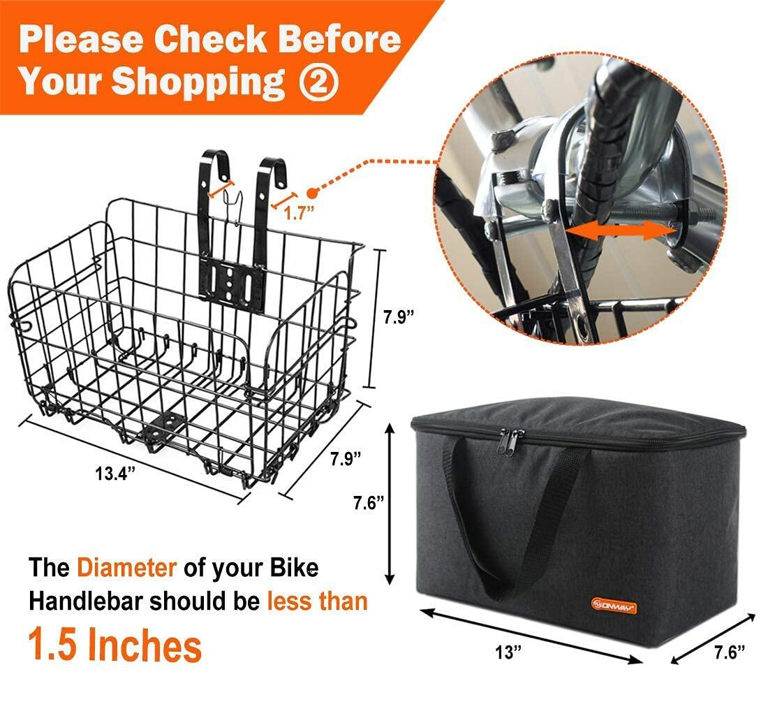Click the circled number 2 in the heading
click(x=319, y=82)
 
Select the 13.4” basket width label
click(x=115, y=473)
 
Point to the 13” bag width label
click(x=508, y=653)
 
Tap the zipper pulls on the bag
click(x=512, y=441)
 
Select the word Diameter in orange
click(x=126, y=567)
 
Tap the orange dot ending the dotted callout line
click(x=312, y=191)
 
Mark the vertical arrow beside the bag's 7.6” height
click(x=390, y=503)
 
